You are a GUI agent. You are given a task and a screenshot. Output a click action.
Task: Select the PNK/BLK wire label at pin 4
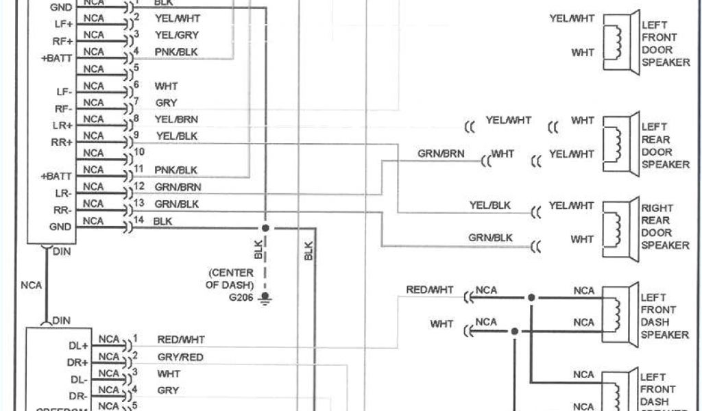pos(175,51)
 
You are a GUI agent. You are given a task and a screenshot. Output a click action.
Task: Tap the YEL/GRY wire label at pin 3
pos(176,34)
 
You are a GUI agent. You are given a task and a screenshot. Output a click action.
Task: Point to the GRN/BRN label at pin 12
pos(178,187)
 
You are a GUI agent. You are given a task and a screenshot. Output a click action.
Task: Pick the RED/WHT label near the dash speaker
pos(429,290)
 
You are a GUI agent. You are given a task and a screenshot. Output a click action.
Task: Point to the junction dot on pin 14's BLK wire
pos(265,227)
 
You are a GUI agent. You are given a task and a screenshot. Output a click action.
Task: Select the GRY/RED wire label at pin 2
pos(180,357)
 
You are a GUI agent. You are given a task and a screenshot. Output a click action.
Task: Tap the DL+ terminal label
pos(79,345)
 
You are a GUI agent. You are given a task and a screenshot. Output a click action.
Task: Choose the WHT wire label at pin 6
pos(166,86)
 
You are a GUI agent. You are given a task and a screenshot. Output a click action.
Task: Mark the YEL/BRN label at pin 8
pos(176,119)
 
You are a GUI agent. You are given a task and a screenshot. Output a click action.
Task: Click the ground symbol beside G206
pos(265,297)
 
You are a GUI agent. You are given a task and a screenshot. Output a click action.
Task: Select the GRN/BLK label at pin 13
pos(177,203)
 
